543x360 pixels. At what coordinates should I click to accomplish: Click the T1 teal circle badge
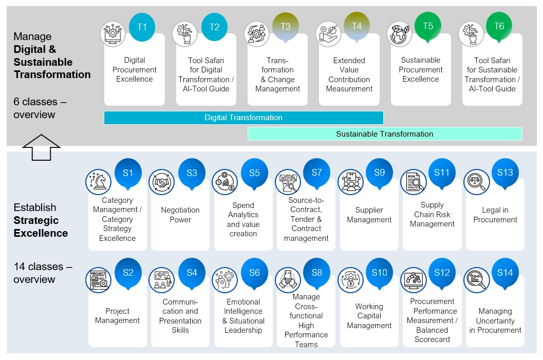[x=142, y=27]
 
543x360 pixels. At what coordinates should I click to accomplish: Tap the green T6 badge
[x=499, y=26]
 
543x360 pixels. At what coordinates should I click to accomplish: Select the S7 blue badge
[x=316, y=173]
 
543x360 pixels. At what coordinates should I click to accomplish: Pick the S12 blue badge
[x=442, y=273]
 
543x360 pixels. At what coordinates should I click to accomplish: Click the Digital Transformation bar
[x=244, y=118]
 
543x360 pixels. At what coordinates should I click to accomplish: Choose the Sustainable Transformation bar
[x=385, y=134]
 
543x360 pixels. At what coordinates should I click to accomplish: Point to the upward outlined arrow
[x=41, y=147]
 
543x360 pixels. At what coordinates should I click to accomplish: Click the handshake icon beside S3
[x=161, y=182]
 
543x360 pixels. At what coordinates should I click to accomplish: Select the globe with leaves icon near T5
[x=400, y=34]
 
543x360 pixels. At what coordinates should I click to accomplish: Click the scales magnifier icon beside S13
[x=477, y=182]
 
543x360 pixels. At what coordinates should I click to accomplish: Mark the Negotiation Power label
[x=180, y=215]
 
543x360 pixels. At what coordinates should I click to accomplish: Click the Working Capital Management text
[x=369, y=316]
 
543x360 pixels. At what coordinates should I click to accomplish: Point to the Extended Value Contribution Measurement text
[x=349, y=74]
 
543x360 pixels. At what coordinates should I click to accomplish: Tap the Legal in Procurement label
[x=495, y=215]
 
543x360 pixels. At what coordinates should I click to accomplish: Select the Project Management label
[x=118, y=316]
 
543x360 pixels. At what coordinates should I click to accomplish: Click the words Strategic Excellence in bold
[x=41, y=226]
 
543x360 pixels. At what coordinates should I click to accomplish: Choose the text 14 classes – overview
[x=43, y=273]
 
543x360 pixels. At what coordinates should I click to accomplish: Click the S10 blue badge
[x=379, y=273]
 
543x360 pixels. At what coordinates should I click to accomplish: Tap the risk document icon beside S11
[x=414, y=182]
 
